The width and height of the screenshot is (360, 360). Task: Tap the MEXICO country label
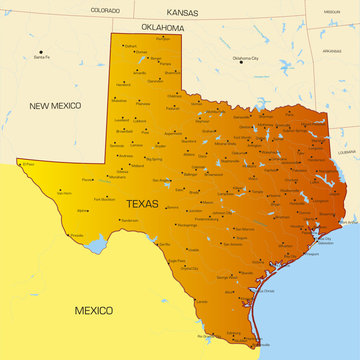point(94,311)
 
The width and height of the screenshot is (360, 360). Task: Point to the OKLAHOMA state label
point(163,28)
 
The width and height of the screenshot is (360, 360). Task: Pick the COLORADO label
point(105,9)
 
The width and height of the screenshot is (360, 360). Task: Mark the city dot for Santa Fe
point(41,51)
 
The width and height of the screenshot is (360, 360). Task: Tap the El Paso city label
point(29,163)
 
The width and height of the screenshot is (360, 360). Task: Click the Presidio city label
point(76,235)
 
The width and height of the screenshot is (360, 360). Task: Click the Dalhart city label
point(131,46)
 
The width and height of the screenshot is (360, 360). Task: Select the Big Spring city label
point(154,158)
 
